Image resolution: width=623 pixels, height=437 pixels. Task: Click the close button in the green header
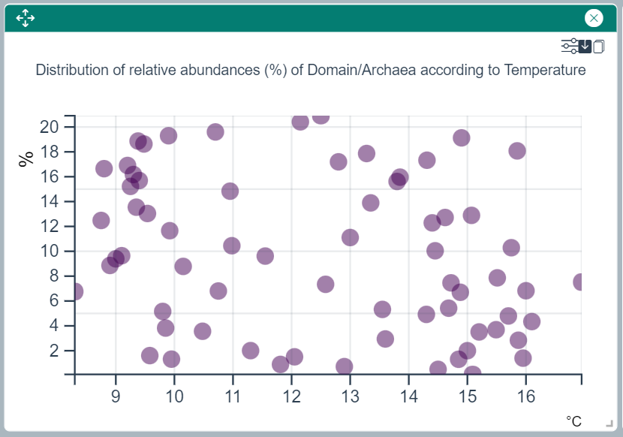[594, 18]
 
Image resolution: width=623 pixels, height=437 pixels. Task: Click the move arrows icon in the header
[26, 18]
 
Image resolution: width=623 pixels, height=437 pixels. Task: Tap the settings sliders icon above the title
[570, 47]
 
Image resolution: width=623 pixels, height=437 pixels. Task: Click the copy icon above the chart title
[599, 47]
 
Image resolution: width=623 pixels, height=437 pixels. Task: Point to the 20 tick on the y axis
[50, 127]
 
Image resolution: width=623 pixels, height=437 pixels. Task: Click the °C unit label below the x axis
[574, 421]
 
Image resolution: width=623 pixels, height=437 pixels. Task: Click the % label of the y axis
[27, 158]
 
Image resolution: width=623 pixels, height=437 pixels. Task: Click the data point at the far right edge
[580, 282]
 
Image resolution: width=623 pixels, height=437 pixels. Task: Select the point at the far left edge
[75, 291]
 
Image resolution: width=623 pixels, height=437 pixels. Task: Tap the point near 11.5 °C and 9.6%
[265, 256]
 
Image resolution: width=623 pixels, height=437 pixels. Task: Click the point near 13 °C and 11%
[350, 237]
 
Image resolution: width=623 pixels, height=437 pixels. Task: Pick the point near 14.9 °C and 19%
[462, 137]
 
